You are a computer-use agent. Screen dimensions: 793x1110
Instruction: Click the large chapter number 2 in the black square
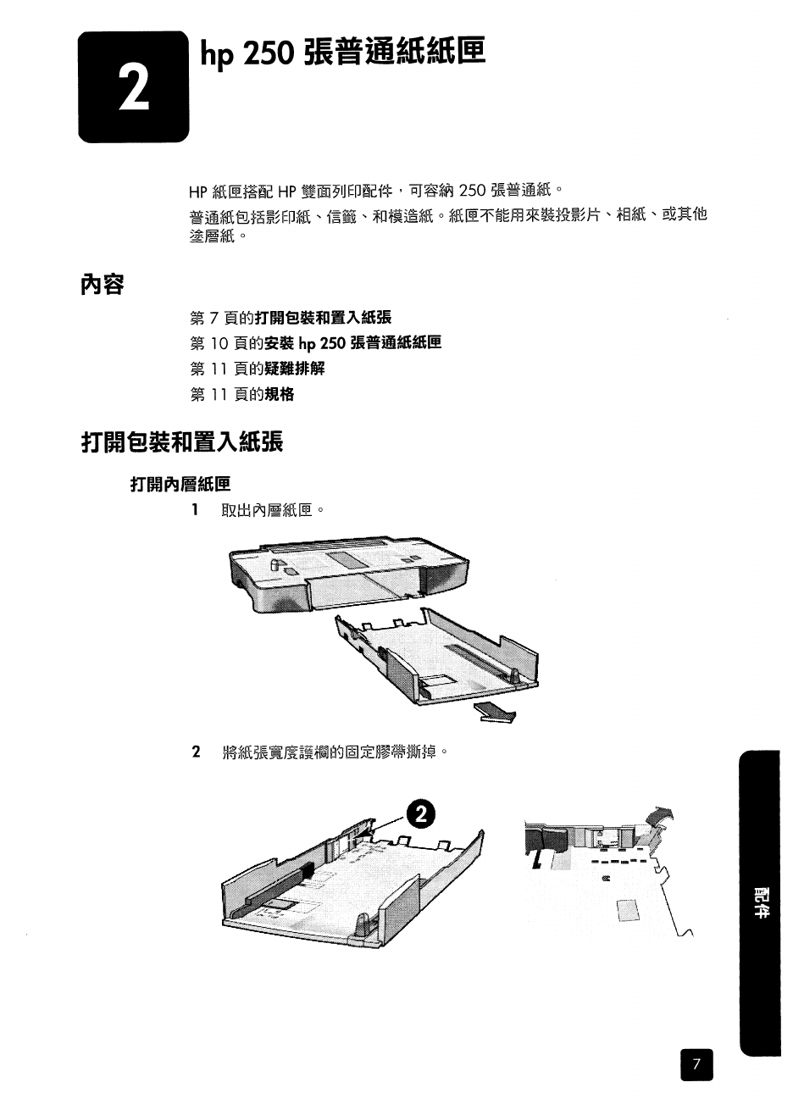pyautogui.click(x=133, y=86)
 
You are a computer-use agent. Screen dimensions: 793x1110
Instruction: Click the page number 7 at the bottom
pyautogui.click(x=696, y=1065)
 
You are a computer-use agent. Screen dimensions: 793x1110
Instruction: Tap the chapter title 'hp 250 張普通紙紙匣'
pyautogui.click(x=342, y=53)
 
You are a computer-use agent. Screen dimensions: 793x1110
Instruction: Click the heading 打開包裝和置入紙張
pyautogui.click(x=181, y=442)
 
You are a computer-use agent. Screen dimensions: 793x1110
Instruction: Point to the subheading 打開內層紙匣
pyautogui.click(x=180, y=485)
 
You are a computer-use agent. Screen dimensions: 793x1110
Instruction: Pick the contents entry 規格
pyautogui.click(x=280, y=394)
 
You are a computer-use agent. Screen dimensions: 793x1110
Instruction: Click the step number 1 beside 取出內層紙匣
pyautogui.click(x=195, y=510)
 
